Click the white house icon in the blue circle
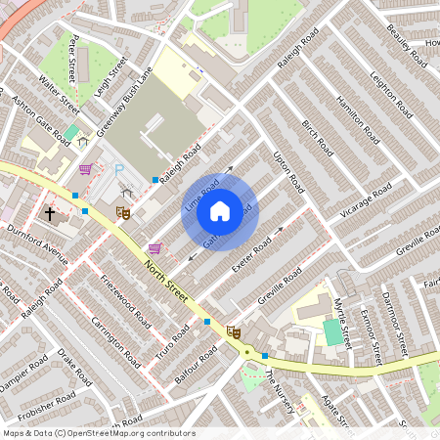click(x=220, y=211)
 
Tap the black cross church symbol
click(x=50, y=213)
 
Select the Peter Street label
click(x=72, y=55)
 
